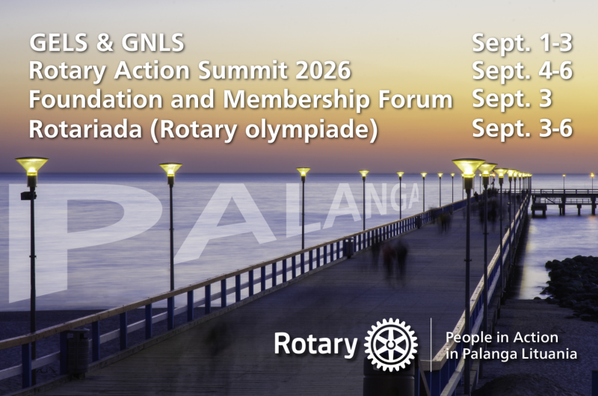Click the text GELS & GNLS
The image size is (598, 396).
106,43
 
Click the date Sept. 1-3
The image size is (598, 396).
522,43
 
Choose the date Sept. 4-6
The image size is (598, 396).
522,71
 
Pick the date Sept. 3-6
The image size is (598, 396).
522,128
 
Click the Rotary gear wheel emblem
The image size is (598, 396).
391,344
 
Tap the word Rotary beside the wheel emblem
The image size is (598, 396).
315,344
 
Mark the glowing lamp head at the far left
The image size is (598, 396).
31,166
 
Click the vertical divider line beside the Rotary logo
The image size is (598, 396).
431,344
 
